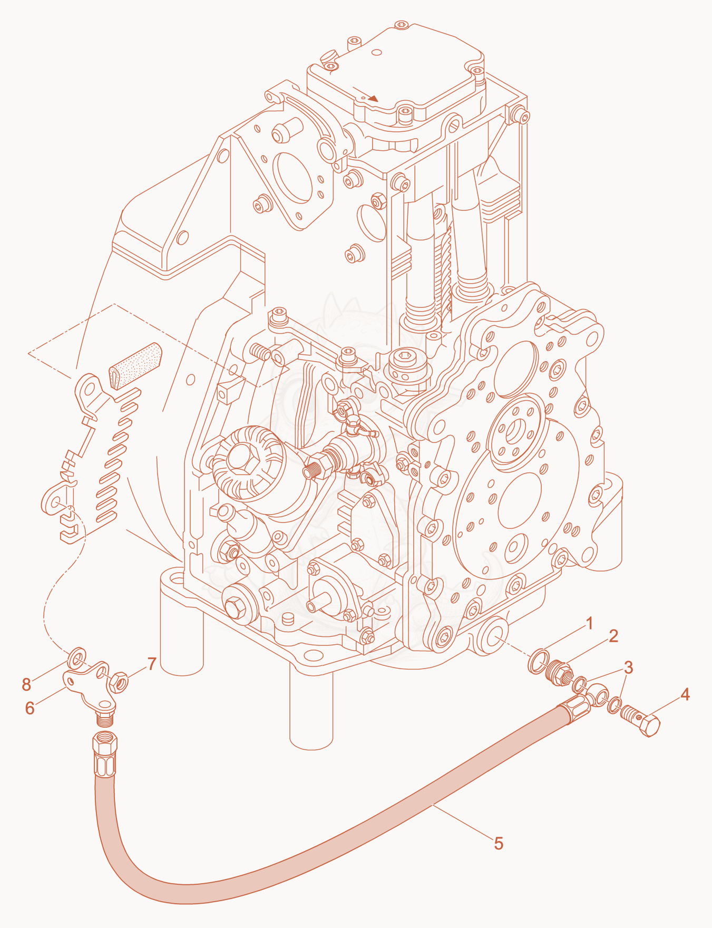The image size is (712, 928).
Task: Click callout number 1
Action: (x=590, y=623)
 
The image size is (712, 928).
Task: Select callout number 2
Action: (x=613, y=636)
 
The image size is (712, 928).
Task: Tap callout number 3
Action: (x=628, y=668)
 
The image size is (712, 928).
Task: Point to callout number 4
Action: (x=685, y=694)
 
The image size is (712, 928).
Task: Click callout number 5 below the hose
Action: (x=499, y=843)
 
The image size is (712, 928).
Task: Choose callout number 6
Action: (x=30, y=708)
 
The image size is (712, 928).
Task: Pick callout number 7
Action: (x=152, y=664)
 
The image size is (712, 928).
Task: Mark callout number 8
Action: (x=26, y=684)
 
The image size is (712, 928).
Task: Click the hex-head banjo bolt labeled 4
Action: (x=641, y=722)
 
